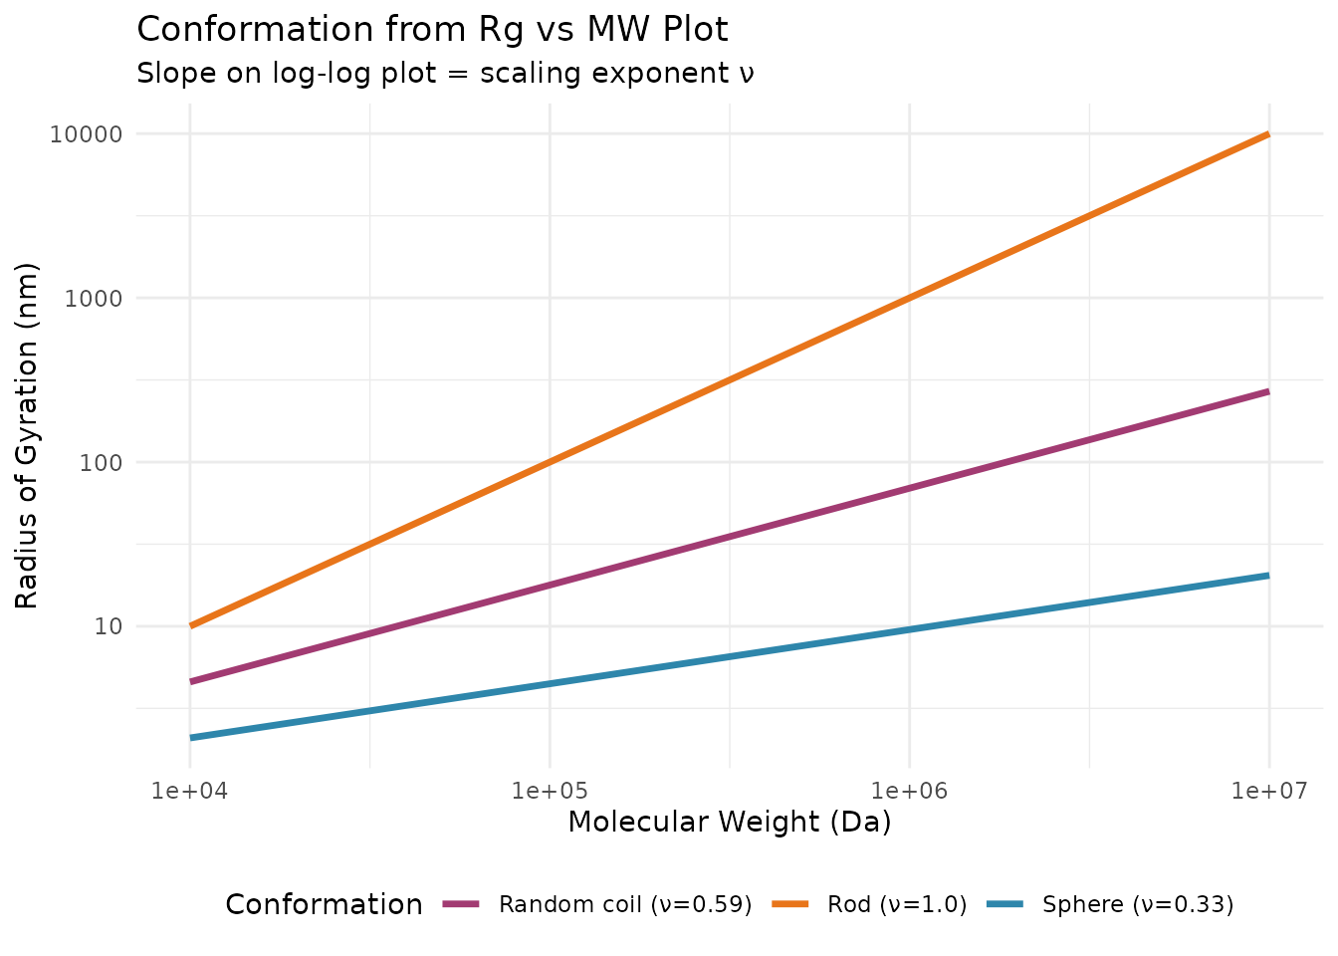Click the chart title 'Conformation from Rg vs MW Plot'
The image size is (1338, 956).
pyautogui.click(x=432, y=30)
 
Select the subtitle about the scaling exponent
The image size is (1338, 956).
pyautogui.click(x=445, y=74)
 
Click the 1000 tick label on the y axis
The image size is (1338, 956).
pyautogui.click(x=94, y=298)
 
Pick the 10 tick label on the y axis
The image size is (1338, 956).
pyautogui.click(x=108, y=626)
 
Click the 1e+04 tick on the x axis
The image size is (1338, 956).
pyautogui.click(x=190, y=792)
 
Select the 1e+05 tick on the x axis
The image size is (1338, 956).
pyautogui.click(x=550, y=792)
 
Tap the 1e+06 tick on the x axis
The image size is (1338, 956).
pyautogui.click(x=910, y=792)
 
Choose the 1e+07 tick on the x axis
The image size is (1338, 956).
pyautogui.click(x=1268, y=792)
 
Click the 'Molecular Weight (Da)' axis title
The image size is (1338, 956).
pyautogui.click(x=729, y=823)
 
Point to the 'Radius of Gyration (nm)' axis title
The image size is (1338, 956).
pyautogui.click(x=27, y=435)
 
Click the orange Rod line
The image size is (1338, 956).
pyautogui.click(x=729, y=379)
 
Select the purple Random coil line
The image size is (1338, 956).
pyautogui.click(x=729, y=538)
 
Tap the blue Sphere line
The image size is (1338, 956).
pyautogui.click(x=729, y=655)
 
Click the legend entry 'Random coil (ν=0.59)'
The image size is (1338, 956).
pyautogui.click(x=624, y=904)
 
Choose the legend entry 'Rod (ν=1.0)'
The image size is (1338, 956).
pyautogui.click(x=896, y=904)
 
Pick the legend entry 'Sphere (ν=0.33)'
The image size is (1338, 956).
pyautogui.click(x=1137, y=904)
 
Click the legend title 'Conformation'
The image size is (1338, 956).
pyautogui.click(x=324, y=904)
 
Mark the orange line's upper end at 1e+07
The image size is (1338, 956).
pyautogui.click(x=1267, y=134)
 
